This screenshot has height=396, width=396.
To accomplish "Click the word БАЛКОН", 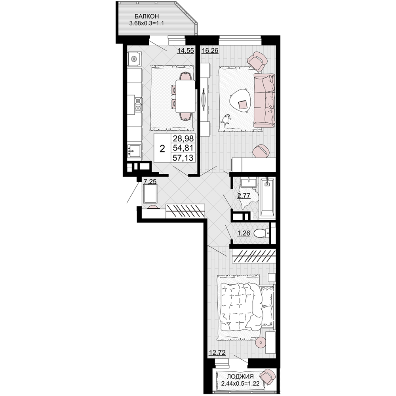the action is (147, 16).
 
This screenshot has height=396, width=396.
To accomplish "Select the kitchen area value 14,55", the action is (185, 51).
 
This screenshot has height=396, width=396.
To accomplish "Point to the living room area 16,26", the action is (210, 51).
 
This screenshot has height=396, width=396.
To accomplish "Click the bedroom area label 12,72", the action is (217, 352).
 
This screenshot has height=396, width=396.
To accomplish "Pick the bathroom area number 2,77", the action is (244, 196).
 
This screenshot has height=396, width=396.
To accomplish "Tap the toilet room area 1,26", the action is (244, 233).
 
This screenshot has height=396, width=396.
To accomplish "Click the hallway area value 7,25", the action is (150, 181).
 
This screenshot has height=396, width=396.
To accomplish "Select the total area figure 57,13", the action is (183, 158).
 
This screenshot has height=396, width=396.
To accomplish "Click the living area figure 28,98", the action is (183, 138).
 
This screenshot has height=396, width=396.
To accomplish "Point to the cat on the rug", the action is (226, 120).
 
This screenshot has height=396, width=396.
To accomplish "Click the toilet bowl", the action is (260, 233).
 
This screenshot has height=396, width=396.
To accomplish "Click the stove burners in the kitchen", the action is (138, 105).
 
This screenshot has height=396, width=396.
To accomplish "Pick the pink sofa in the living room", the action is (264, 100).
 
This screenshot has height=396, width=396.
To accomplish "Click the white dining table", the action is (185, 96).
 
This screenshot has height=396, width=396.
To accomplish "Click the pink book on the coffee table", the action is (243, 105).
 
